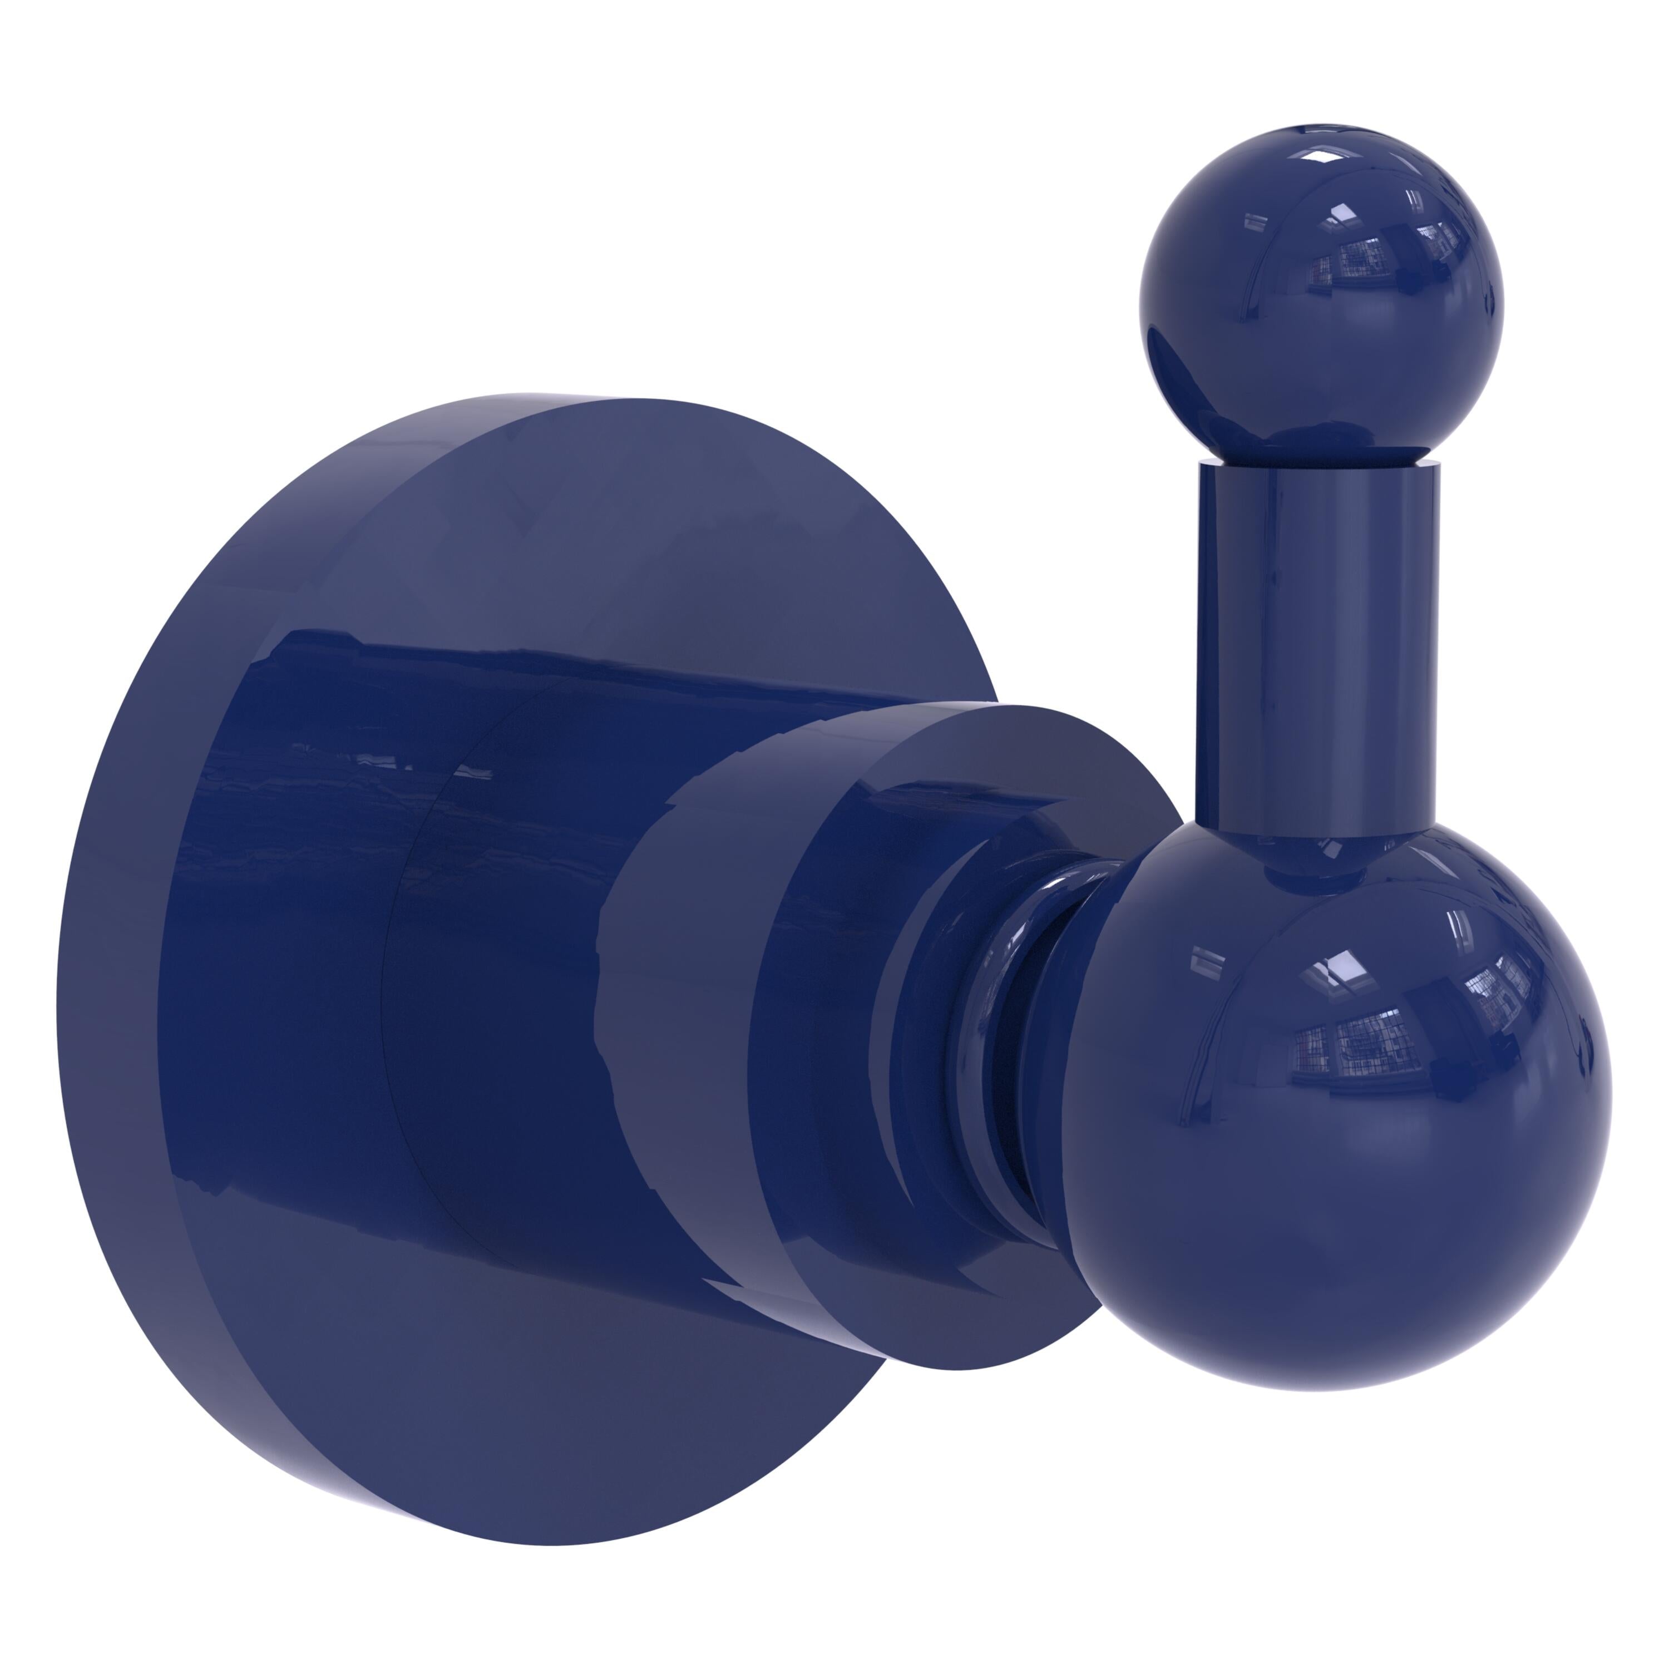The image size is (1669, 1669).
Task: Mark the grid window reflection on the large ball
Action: (x=1356, y=1036)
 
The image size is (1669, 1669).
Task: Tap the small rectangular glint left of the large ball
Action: (x=1205, y=959)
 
